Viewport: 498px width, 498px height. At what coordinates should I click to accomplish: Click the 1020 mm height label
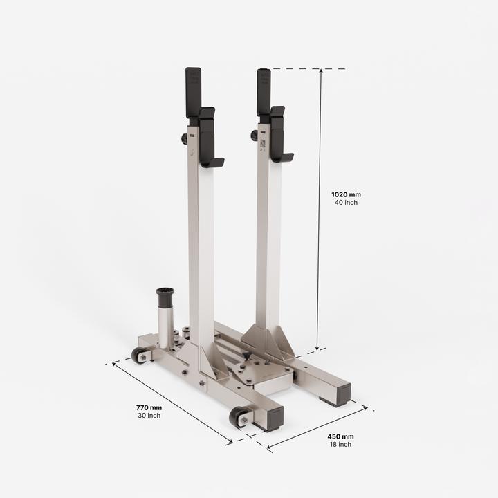[346, 195]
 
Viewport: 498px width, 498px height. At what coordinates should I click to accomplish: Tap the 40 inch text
[346, 203]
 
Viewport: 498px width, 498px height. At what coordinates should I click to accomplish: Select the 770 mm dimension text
[149, 408]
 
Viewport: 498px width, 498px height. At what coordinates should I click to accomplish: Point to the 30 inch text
[149, 416]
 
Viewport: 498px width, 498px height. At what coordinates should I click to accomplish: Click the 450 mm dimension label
[340, 436]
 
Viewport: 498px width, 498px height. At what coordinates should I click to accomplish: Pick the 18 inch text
[340, 444]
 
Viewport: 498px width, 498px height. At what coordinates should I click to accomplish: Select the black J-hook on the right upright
[278, 136]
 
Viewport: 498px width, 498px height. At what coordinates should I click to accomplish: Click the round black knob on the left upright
[185, 138]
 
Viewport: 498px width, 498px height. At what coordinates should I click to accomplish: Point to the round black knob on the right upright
[255, 136]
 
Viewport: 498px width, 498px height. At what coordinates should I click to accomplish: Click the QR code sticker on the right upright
[263, 144]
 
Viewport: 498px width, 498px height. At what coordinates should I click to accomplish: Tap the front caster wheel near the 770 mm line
[239, 416]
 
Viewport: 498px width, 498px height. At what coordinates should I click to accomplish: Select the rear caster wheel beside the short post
[139, 355]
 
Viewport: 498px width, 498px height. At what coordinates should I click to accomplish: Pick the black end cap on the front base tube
[271, 418]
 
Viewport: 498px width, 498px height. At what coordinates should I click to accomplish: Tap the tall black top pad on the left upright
[193, 91]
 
